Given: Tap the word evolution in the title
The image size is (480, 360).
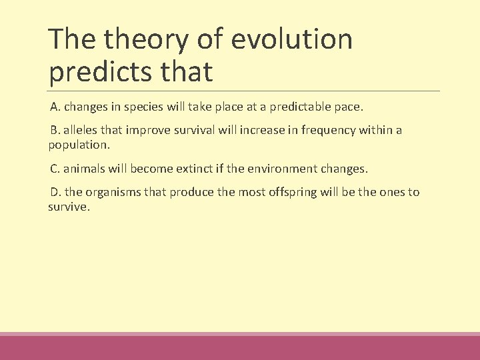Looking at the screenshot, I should (291, 39).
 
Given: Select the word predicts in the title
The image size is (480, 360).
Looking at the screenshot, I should (98, 72).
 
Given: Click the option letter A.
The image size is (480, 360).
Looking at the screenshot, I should (55, 107).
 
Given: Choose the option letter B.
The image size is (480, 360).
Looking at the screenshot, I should (55, 130).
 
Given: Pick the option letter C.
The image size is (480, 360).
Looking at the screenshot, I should (55, 169).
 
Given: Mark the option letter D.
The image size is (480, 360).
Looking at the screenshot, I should (55, 192).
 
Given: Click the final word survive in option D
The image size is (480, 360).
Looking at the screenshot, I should (67, 207).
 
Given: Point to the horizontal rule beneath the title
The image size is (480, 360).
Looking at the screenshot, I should (244, 91).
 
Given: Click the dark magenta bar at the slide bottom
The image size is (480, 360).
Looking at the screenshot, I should (240, 348).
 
